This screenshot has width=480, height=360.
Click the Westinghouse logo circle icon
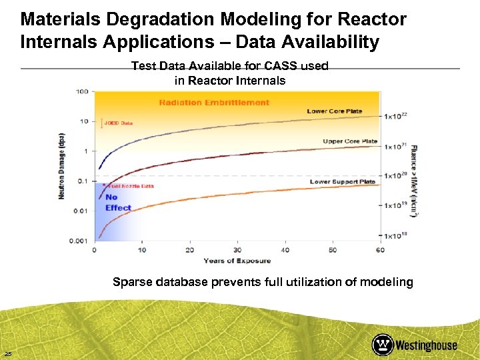[x=383, y=345]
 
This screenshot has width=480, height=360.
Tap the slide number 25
[x=8, y=353]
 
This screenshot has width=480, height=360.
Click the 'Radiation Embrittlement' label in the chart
[x=214, y=103]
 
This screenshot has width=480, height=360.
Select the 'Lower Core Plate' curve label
[x=334, y=111]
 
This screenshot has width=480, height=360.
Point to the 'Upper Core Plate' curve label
[x=350, y=141]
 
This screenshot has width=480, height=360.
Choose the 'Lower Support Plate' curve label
[x=343, y=181]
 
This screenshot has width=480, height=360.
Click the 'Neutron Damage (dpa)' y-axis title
[x=61, y=165]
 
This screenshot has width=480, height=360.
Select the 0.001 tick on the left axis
[x=79, y=241]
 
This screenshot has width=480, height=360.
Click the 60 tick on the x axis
[x=380, y=250]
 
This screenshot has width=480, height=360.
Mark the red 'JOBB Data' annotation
[x=118, y=123]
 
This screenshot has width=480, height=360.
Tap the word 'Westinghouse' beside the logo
[x=426, y=345]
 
